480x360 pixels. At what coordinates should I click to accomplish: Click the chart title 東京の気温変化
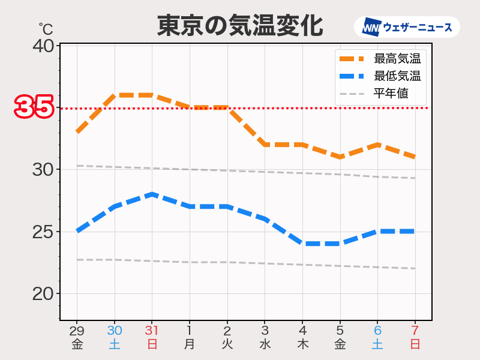pyautogui.click(x=240, y=26)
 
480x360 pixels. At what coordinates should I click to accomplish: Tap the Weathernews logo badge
pyautogui.click(x=407, y=28)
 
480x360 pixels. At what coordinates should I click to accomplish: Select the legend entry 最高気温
pyautogui.click(x=397, y=59)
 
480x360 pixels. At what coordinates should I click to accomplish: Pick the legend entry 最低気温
pyautogui.click(x=397, y=76)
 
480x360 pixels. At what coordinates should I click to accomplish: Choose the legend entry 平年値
pyautogui.click(x=391, y=94)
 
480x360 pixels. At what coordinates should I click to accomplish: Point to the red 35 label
pyautogui.click(x=34, y=108)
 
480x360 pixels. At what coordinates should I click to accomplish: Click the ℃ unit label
pyautogui.click(x=46, y=29)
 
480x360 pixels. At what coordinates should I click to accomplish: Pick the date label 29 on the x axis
pyautogui.click(x=77, y=331)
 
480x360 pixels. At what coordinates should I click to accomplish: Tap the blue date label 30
pyautogui.click(x=115, y=331)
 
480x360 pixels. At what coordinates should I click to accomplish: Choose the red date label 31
pyautogui.click(x=152, y=331)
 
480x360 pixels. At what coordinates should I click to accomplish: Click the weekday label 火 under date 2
pyautogui.click(x=227, y=344)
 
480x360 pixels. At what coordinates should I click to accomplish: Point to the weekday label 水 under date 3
pyautogui.click(x=265, y=344)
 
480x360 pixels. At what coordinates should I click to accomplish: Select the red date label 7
pyautogui.click(x=415, y=331)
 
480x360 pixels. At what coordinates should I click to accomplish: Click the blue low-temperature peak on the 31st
pyautogui.click(x=152, y=194)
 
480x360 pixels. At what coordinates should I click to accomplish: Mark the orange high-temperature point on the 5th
pyautogui.click(x=340, y=157)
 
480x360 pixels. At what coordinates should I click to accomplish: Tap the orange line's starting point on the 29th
pyautogui.click(x=77, y=132)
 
